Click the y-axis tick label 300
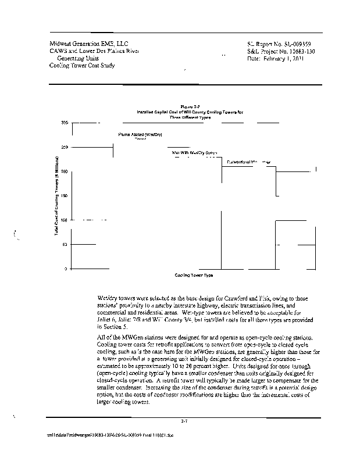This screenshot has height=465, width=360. click(x=64, y=123)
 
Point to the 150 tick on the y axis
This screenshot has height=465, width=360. click(x=64, y=196)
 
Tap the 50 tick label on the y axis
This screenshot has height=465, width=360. click(x=65, y=245)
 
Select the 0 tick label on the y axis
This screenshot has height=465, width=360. click(x=66, y=269)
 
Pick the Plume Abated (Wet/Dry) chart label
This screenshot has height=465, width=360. click(x=140, y=134)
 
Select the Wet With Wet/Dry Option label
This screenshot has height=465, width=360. click(x=194, y=152)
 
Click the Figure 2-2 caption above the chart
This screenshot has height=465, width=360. click(x=190, y=106)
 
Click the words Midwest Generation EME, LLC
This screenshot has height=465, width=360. click(x=90, y=44)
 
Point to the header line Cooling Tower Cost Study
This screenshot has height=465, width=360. click(x=82, y=66)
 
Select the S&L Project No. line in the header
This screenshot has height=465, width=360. click(x=280, y=51)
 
